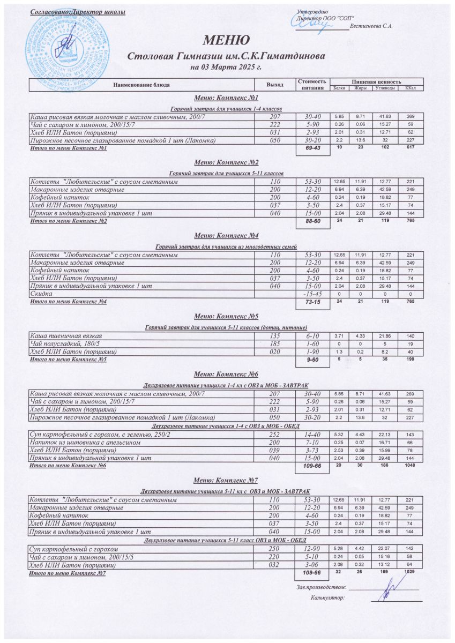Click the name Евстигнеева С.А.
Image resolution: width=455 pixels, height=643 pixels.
click(x=371, y=26)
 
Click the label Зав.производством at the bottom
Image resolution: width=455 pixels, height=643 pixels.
click(x=321, y=588)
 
